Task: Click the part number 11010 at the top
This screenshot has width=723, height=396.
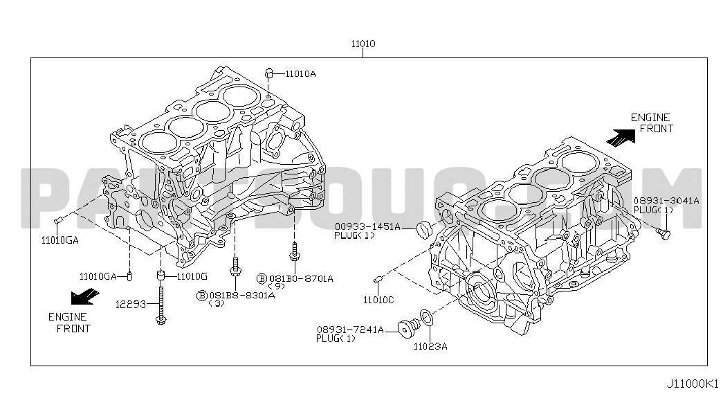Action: click(x=363, y=44)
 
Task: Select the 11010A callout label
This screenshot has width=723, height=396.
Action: click(x=301, y=74)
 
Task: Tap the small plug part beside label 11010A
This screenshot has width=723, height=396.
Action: click(x=269, y=73)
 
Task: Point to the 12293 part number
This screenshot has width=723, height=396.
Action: click(x=130, y=304)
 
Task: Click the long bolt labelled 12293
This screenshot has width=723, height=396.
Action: click(x=161, y=305)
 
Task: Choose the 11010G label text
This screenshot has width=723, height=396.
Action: click(x=192, y=276)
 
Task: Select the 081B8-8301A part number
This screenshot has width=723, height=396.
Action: click(x=242, y=296)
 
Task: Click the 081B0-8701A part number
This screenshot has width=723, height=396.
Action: click(x=301, y=279)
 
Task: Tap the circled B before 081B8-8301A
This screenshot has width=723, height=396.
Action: click(x=202, y=296)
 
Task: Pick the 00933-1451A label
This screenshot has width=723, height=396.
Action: click(x=367, y=226)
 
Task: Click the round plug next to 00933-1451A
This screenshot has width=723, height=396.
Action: click(x=423, y=229)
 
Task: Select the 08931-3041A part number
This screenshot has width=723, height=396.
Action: click(x=666, y=201)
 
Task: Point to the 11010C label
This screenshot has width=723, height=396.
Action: click(x=378, y=300)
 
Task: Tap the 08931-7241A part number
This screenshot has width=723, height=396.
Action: click(x=350, y=330)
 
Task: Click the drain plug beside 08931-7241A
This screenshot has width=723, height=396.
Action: click(x=408, y=328)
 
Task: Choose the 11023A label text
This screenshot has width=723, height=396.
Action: click(x=430, y=347)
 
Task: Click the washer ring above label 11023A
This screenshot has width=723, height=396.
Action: click(x=426, y=318)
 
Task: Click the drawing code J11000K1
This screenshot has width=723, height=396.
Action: click(x=692, y=383)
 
